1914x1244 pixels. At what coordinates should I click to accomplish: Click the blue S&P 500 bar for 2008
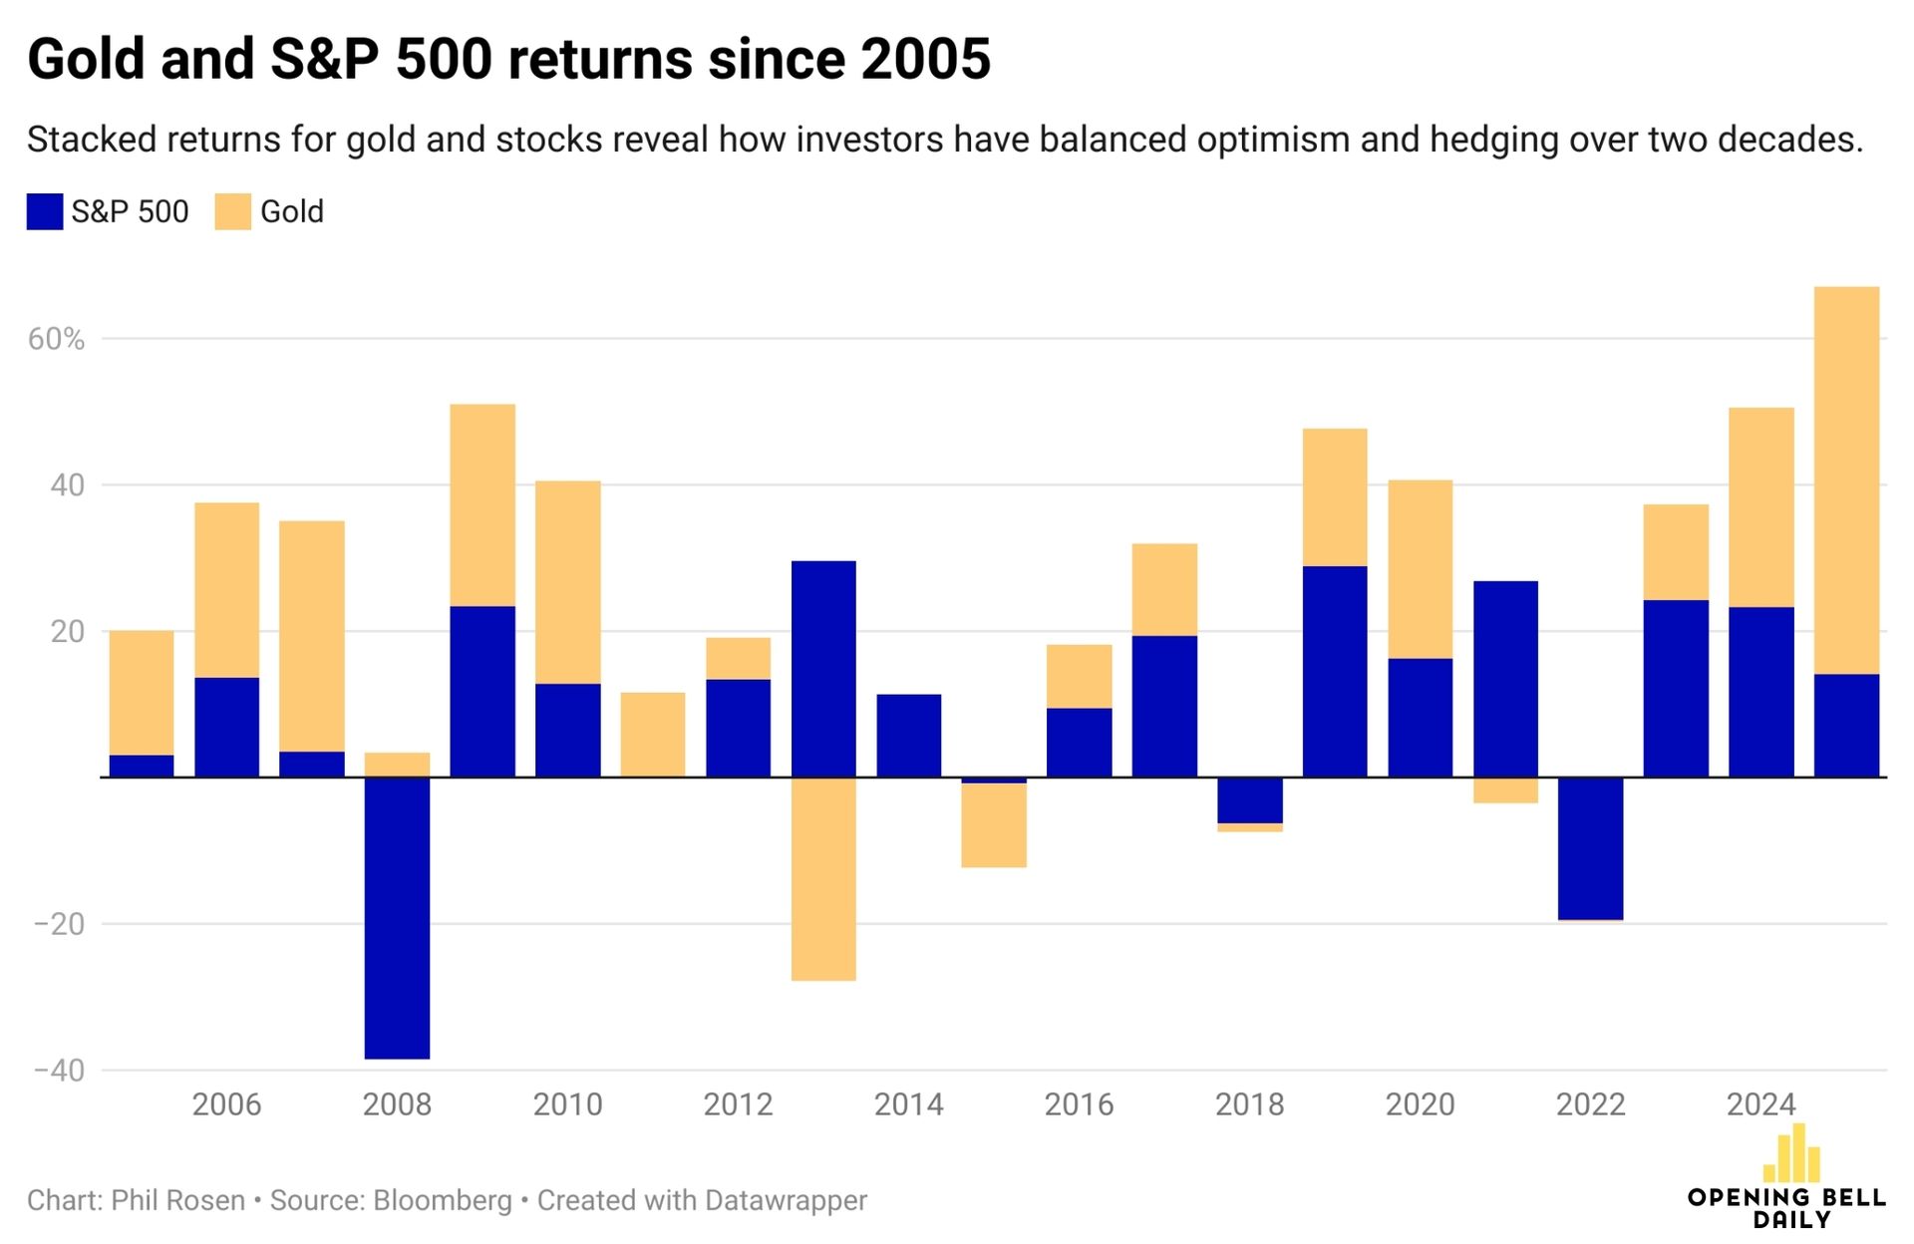(x=397, y=917)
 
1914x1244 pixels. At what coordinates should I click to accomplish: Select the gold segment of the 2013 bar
(x=823, y=878)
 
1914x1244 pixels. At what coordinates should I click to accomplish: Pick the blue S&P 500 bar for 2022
(x=1590, y=848)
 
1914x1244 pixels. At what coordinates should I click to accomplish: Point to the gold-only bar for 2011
(x=653, y=735)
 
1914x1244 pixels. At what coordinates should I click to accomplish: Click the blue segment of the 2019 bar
(x=1335, y=672)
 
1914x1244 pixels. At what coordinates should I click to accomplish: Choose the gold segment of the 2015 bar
(x=994, y=825)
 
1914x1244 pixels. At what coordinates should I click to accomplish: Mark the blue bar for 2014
(x=908, y=736)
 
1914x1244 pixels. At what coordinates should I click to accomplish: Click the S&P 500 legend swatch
(x=45, y=212)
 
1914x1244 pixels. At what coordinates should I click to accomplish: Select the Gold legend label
(x=292, y=212)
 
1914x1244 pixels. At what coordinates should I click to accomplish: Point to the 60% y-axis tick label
(x=56, y=340)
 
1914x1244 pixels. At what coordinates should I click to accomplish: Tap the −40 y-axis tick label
(x=59, y=1071)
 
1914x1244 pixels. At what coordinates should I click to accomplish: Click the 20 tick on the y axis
(x=68, y=632)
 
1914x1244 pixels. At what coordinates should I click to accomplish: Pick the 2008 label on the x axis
(x=397, y=1104)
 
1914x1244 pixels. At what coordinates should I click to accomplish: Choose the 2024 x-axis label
(x=1760, y=1104)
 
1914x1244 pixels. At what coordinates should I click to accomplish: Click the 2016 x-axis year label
(x=1079, y=1104)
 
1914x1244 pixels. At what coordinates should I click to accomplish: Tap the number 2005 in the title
(x=926, y=60)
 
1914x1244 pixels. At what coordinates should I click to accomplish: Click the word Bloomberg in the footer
(x=443, y=1200)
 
